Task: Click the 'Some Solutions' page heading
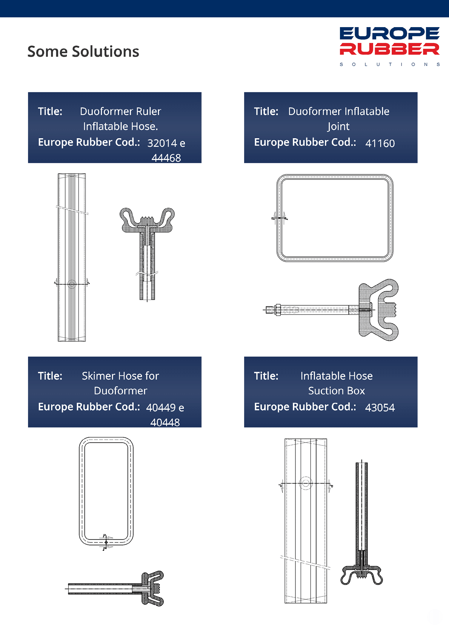[x=83, y=51]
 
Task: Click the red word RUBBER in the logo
[x=389, y=49]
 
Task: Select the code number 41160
[x=380, y=143]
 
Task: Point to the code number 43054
[x=380, y=407]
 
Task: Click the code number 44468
[x=166, y=158]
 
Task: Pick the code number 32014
[x=162, y=143]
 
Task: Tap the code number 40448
[x=165, y=423]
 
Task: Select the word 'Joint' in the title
[x=338, y=126]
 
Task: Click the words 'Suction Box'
[x=337, y=391]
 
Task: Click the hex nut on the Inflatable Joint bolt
[x=278, y=310]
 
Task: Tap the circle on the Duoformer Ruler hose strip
[x=72, y=284]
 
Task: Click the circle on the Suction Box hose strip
[x=306, y=483]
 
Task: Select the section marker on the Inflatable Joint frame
[x=279, y=218]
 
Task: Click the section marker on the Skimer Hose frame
[x=106, y=542]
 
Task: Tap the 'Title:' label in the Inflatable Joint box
[x=266, y=111]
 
